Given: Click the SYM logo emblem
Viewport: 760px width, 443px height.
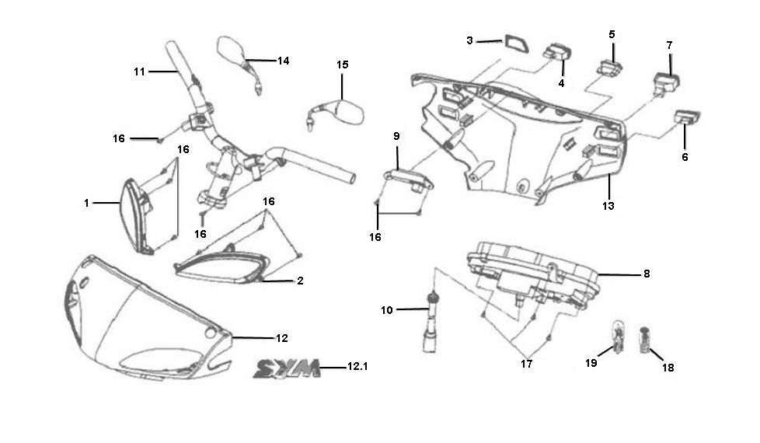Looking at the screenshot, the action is pyautogui.click(x=287, y=368).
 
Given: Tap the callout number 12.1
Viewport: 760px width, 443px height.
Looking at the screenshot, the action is pyautogui.click(x=357, y=366).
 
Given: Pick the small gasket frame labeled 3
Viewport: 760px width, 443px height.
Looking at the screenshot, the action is pyautogui.click(x=515, y=44).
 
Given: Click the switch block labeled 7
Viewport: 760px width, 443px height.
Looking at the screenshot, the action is pyautogui.click(x=666, y=82).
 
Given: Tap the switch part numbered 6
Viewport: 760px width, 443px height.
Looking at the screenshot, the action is pyautogui.click(x=686, y=117).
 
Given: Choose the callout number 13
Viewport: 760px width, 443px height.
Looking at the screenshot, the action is pyautogui.click(x=608, y=206).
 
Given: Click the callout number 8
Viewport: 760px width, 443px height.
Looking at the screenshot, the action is pyautogui.click(x=647, y=274).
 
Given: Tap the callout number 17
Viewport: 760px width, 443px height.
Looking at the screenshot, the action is pyautogui.click(x=526, y=364).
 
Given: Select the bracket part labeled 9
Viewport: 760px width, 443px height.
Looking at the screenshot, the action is pyautogui.click(x=408, y=180).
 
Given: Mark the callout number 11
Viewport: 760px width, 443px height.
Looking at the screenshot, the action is pyautogui.click(x=140, y=72).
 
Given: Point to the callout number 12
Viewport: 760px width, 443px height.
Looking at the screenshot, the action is pyautogui.click(x=282, y=338).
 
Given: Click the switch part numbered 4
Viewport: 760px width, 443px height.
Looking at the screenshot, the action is pyautogui.click(x=557, y=53).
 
